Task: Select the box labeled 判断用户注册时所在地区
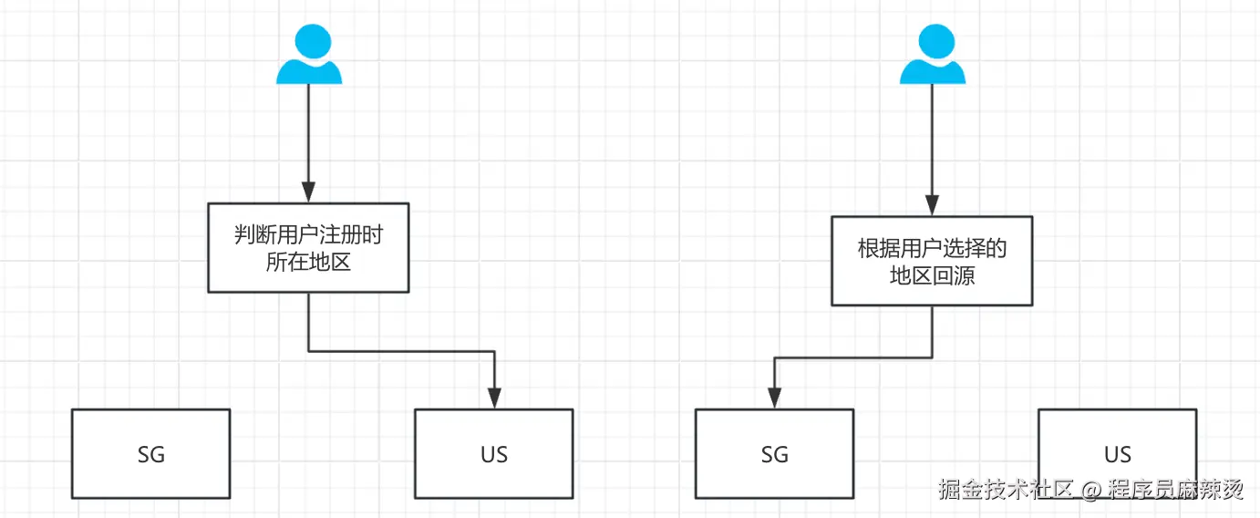click(x=308, y=248)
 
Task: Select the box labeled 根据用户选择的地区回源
click(x=932, y=261)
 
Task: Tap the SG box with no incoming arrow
click(x=150, y=454)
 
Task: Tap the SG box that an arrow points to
click(x=774, y=454)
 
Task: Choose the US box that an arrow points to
click(x=493, y=454)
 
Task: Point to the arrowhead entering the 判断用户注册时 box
click(x=309, y=192)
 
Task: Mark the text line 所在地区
click(x=308, y=263)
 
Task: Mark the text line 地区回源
click(x=932, y=275)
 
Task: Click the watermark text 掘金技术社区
click(x=1007, y=490)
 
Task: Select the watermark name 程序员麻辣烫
click(x=1176, y=490)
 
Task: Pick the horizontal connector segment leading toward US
click(x=401, y=351)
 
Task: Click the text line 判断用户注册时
click(x=308, y=235)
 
